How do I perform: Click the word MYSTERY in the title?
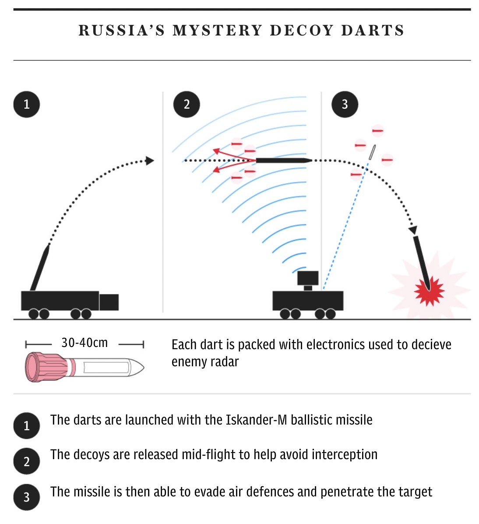click(217, 31)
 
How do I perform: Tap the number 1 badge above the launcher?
click(27, 104)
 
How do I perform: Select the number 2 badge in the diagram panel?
click(187, 104)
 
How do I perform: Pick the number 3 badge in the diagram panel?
click(345, 104)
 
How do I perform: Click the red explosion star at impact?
click(430, 290)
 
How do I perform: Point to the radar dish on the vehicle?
click(308, 278)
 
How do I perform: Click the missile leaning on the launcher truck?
click(39, 267)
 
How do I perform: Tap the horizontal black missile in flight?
click(283, 161)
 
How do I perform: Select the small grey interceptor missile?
click(372, 152)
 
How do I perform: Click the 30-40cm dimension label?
click(85, 343)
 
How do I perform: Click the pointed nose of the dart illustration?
click(139, 368)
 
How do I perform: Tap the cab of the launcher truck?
click(109, 302)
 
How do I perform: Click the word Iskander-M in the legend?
click(257, 420)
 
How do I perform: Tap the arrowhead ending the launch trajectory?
click(150, 161)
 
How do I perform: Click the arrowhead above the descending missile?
click(413, 230)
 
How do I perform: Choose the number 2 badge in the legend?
click(27, 461)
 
